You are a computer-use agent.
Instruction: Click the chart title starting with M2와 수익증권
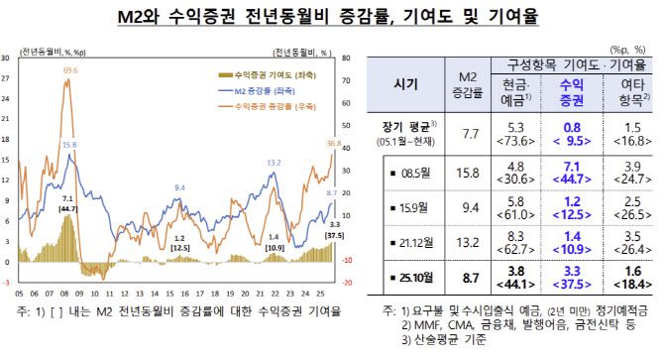tap(331, 16)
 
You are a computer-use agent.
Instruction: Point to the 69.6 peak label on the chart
tap(69, 71)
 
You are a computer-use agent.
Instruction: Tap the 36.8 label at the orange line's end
tap(334, 145)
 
